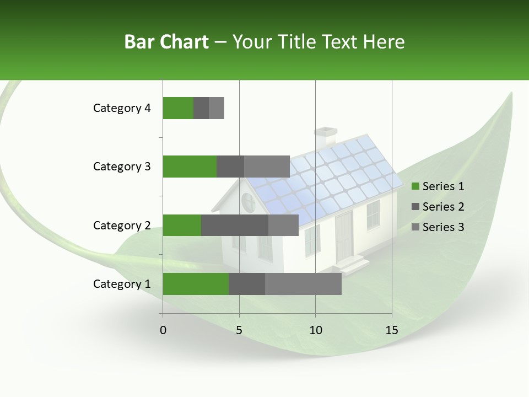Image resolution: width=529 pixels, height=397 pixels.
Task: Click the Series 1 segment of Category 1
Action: [195, 284]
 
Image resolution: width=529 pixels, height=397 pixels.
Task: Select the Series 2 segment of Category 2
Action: [235, 225]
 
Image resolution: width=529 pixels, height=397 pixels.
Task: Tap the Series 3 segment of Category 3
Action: [267, 167]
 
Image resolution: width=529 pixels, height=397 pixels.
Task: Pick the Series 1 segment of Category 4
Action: [178, 108]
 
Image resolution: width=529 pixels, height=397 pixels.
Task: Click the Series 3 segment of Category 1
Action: [303, 284]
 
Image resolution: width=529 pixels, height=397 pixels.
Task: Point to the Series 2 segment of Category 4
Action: [201, 108]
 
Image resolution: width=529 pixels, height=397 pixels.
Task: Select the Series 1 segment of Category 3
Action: [190, 167]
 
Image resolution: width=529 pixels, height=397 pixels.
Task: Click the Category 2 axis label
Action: [122, 225]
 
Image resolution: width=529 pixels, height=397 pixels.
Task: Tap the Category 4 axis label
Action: [122, 108]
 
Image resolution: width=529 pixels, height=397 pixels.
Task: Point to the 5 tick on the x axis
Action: [239, 330]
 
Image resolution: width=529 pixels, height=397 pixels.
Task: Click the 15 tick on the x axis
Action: [391, 330]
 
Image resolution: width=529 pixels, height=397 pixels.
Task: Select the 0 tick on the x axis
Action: [163, 330]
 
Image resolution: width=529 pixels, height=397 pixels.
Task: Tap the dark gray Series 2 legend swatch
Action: [415, 207]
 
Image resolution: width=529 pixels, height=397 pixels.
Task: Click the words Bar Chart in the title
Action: [166, 42]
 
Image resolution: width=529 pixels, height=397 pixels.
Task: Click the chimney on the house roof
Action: [325, 138]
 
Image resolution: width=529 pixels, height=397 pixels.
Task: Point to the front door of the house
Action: [344, 236]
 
